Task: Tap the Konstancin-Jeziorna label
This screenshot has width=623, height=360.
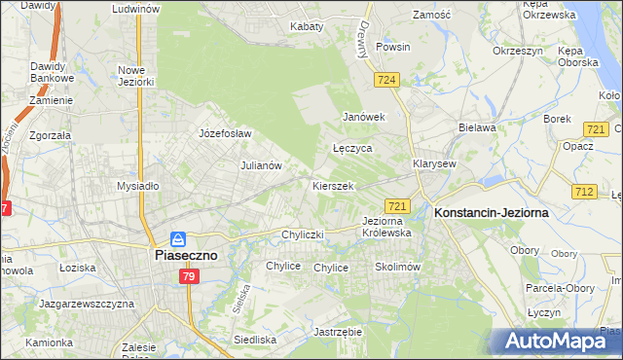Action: coord(492,211)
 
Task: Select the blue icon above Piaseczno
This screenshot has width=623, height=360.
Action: coord(178,238)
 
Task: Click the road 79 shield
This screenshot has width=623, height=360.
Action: coord(191,277)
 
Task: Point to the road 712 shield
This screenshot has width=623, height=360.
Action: coord(584,193)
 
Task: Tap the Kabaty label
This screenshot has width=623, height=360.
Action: coord(307,26)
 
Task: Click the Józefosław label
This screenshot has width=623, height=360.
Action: coord(225,133)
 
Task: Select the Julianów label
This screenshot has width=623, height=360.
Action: coord(261,165)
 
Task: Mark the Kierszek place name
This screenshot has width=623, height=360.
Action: coord(332,185)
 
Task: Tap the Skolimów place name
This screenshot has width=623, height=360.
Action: coord(396,267)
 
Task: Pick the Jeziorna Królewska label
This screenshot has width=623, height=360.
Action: coord(386,227)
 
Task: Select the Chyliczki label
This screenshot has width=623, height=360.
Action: coord(302,234)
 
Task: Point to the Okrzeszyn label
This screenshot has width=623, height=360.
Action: coord(517,50)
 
